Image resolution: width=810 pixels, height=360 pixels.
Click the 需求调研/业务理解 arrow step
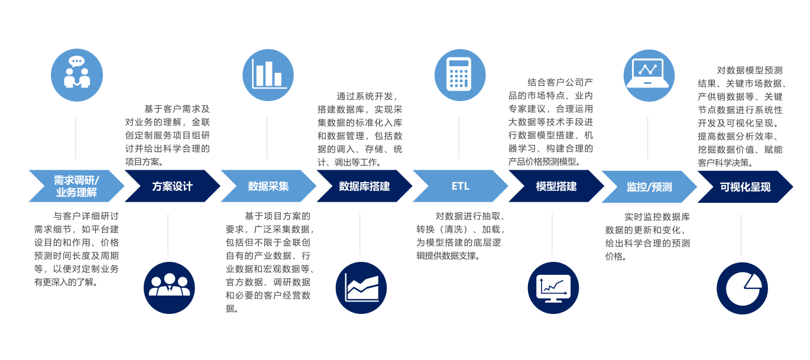pyautogui.click(x=76, y=186)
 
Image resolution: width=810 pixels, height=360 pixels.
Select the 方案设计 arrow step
pyautogui.click(x=172, y=186)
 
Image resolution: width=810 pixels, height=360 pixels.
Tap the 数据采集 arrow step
pyautogui.click(x=268, y=186)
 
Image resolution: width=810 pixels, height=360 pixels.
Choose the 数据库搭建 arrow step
pyautogui.click(x=364, y=186)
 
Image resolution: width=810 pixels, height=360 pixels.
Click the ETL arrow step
pyautogui.click(x=460, y=186)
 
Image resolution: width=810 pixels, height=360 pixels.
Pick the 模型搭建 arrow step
pyautogui.click(x=556, y=186)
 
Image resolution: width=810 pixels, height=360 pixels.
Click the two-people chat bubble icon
pyautogui.click(x=77, y=75)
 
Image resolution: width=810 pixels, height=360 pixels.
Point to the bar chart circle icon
pyautogui.click(x=268, y=75)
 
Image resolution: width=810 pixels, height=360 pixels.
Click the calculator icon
pyautogui.click(x=460, y=75)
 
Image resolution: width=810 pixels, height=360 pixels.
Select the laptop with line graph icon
pyautogui.click(x=649, y=75)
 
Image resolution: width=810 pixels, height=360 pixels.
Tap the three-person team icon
pyautogui.click(x=169, y=287)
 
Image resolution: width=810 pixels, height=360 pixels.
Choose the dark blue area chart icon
pyautogui.click(x=361, y=288)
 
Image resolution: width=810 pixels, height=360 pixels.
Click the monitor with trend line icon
pyautogui.click(x=553, y=288)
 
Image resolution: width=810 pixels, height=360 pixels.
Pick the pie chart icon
pyautogui.click(x=742, y=288)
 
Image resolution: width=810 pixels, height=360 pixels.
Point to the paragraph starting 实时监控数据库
pyautogui.click(x=647, y=236)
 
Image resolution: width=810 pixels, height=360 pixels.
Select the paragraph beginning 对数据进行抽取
pyautogui.click(x=460, y=236)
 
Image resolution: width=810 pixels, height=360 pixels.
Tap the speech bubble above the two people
pyautogui.click(x=76, y=61)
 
